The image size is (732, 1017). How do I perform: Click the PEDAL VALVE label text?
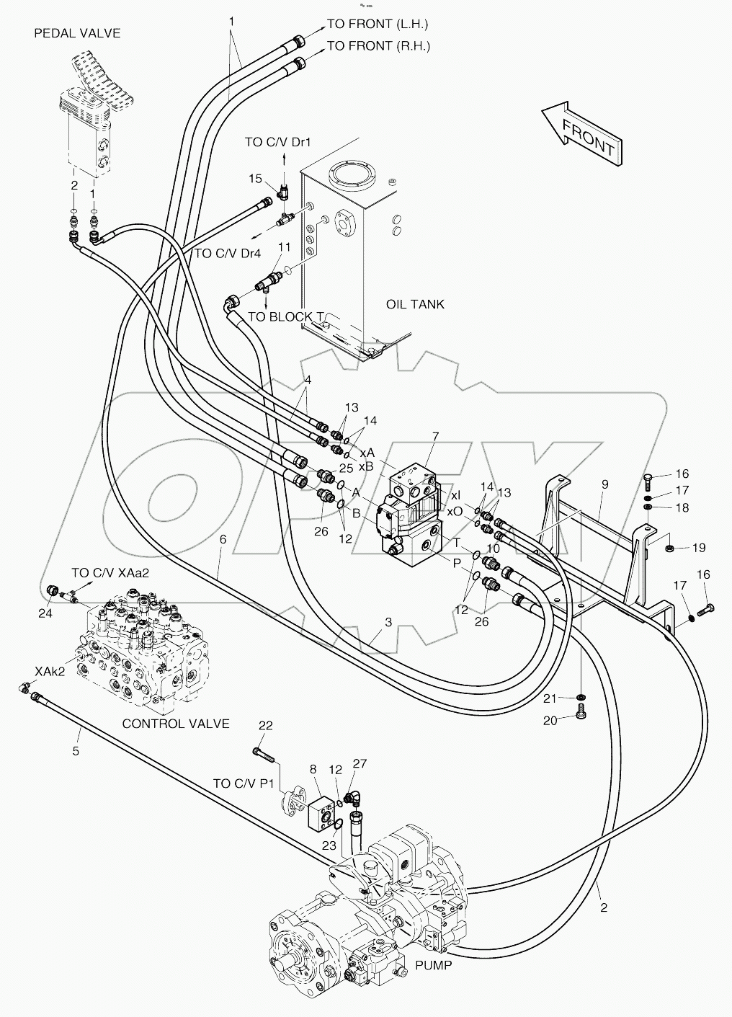pyautogui.click(x=77, y=33)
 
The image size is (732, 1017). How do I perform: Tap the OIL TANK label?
pyautogui.click(x=415, y=304)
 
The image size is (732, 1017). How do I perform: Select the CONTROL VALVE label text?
pyautogui.click(x=176, y=723)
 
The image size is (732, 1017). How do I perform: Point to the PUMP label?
pyautogui.click(x=434, y=964)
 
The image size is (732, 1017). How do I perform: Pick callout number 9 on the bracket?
pyautogui.click(x=604, y=484)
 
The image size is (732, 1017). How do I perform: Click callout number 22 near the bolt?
pyautogui.click(x=266, y=726)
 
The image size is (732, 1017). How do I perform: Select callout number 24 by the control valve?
pyautogui.click(x=45, y=613)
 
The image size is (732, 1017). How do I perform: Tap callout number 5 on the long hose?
pyautogui.click(x=76, y=751)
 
